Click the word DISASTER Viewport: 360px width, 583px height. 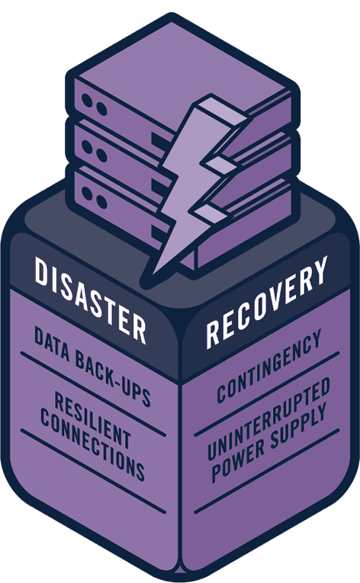[x=91, y=300]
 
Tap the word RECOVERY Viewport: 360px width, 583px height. [x=267, y=302]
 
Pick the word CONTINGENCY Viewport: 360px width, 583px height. [x=268, y=366]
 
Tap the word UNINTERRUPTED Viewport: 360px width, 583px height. [x=268, y=418]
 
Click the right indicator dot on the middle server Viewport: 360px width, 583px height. [x=101, y=154]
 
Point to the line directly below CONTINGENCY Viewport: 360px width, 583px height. [x=267, y=394]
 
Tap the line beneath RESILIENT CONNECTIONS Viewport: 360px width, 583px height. [x=93, y=471]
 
